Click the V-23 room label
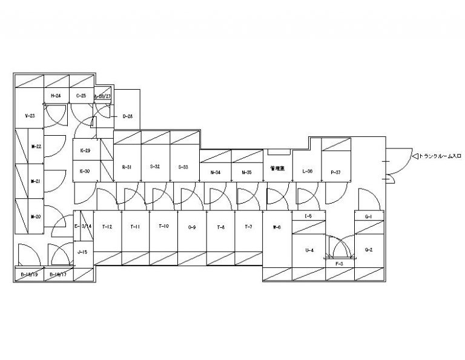[x=28, y=115]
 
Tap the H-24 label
[x=56, y=96]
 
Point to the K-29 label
[x=85, y=150]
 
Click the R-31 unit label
[x=127, y=167]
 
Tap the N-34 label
[x=216, y=173]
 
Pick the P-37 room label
[x=336, y=173]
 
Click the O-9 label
[x=192, y=227]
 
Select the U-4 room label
[x=309, y=250]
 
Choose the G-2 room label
[x=368, y=250]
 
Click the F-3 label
[x=339, y=264]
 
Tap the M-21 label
[x=35, y=181]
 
